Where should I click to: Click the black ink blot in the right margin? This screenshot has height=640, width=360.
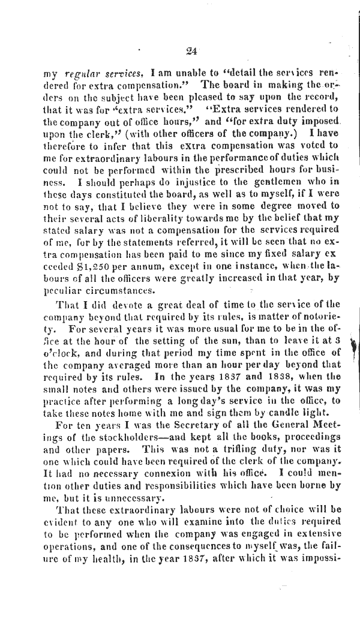pyautogui.click(x=353, y=347)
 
